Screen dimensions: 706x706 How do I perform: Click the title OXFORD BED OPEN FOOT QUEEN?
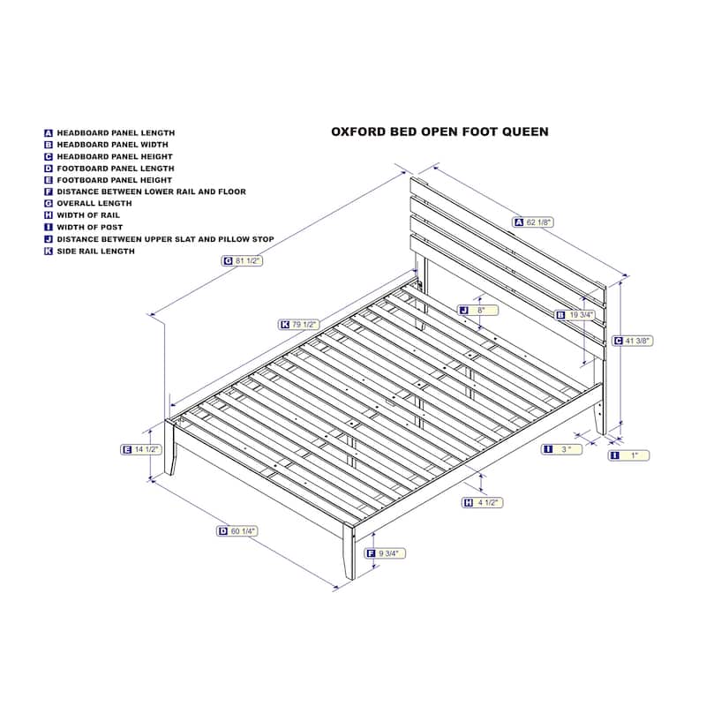click(x=439, y=131)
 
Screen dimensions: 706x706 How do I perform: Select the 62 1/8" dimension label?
click(x=533, y=222)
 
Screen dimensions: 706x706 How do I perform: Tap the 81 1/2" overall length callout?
click(x=242, y=260)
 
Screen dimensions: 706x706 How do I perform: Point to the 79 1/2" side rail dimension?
click(x=299, y=324)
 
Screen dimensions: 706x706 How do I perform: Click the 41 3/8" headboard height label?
click(x=632, y=341)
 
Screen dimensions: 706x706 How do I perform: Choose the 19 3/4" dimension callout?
click(x=575, y=315)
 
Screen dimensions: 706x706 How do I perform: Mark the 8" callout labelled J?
click(x=477, y=311)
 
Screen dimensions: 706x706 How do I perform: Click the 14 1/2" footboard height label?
click(x=141, y=449)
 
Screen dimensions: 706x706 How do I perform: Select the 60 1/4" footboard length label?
click(x=237, y=531)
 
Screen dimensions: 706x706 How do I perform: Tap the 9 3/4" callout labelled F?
click(x=385, y=553)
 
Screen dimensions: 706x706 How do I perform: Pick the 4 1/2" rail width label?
click(x=482, y=502)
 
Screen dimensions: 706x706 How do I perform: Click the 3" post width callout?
click(x=561, y=449)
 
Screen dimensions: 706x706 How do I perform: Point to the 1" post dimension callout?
click(x=628, y=455)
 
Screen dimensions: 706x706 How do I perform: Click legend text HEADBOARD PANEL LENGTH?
click(x=116, y=133)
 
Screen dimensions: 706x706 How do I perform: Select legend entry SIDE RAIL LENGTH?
click(x=96, y=252)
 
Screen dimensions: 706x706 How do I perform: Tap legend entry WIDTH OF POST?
click(x=90, y=228)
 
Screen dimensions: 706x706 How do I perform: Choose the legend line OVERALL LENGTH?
click(x=94, y=204)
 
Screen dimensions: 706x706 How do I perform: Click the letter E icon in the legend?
click(x=49, y=180)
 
